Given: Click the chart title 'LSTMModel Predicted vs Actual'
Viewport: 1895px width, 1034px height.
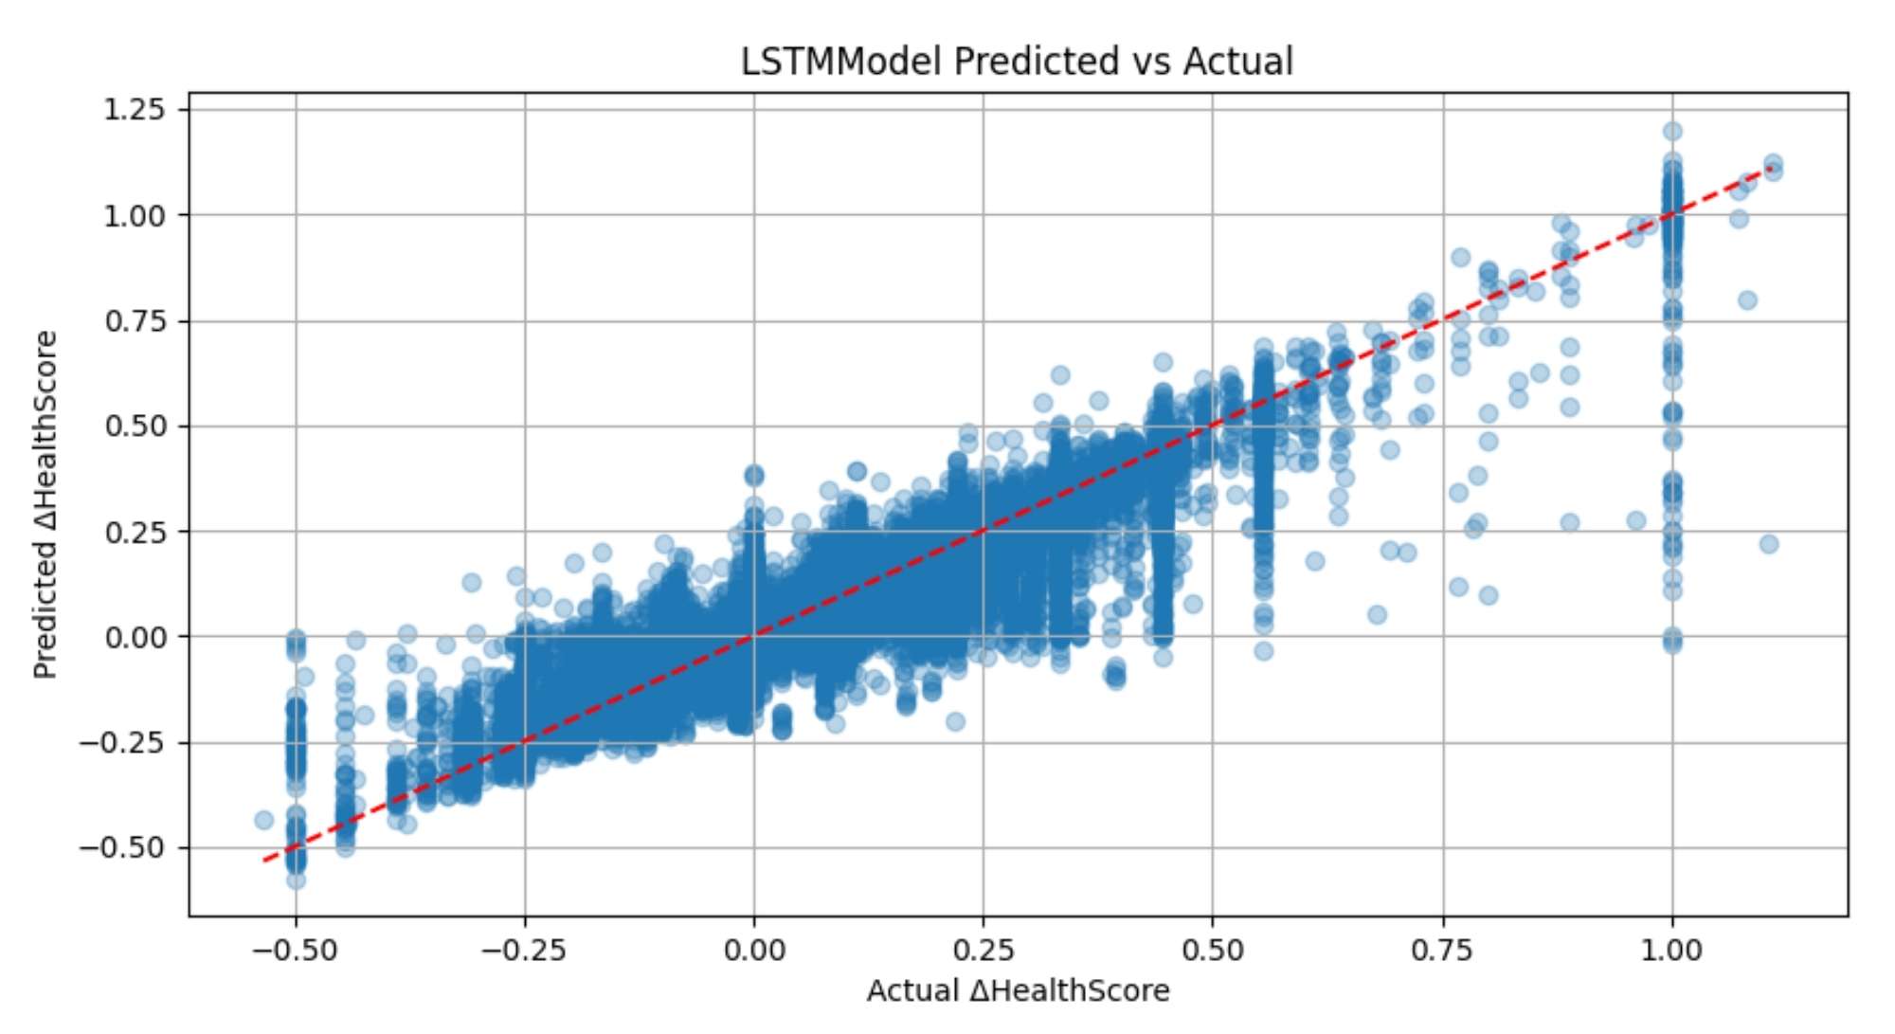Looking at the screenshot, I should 1016,62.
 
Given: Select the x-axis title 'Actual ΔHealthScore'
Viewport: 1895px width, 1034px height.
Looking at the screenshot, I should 1018,991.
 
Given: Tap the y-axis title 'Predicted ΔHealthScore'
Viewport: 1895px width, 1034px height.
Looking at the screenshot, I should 45,504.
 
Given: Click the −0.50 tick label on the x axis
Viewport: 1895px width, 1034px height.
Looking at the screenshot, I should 295,950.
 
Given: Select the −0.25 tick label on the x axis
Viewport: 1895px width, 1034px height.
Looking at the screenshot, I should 524,950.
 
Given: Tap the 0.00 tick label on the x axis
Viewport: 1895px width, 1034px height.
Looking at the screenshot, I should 754,950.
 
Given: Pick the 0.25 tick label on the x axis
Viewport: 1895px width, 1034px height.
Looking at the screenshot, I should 984,950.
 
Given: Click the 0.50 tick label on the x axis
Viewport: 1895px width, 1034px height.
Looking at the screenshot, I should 1213,950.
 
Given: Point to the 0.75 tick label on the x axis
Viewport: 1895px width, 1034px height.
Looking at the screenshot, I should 1443,950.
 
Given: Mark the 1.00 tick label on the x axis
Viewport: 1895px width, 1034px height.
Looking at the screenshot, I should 1672,950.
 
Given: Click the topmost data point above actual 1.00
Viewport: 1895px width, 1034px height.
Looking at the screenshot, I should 1672,132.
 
